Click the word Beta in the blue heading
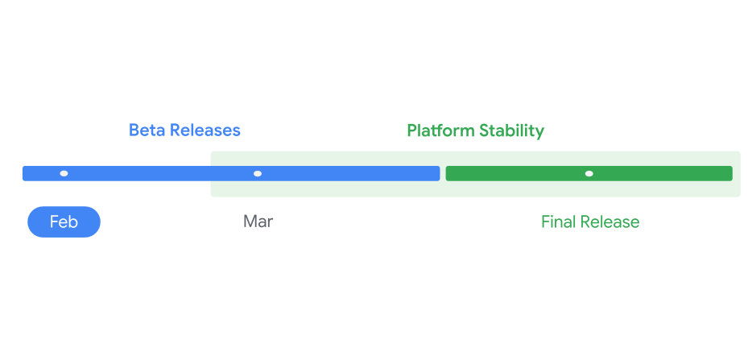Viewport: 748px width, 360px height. click(x=147, y=130)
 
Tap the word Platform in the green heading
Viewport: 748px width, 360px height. click(x=440, y=130)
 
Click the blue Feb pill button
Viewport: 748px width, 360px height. click(x=64, y=222)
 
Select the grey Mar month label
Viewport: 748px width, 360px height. click(x=258, y=222)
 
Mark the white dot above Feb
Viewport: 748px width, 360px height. click(x=64, y=173)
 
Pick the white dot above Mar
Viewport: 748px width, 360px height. click(x=258, y=173)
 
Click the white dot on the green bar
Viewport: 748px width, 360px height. click(x=589, y=173)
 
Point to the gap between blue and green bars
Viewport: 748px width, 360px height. click(x=443, y=173)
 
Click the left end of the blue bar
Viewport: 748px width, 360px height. click(x=25, y=173)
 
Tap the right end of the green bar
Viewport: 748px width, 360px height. click(x=730, y=173)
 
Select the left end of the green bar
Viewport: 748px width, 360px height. click(x=448, y=173)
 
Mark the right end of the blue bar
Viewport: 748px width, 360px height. click(x=438, y=173)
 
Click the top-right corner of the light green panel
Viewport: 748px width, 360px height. click(x=738, y=152)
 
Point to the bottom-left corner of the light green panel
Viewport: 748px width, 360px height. click(x=213, y=195)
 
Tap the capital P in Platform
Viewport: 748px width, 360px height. click(x=411, y=130)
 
